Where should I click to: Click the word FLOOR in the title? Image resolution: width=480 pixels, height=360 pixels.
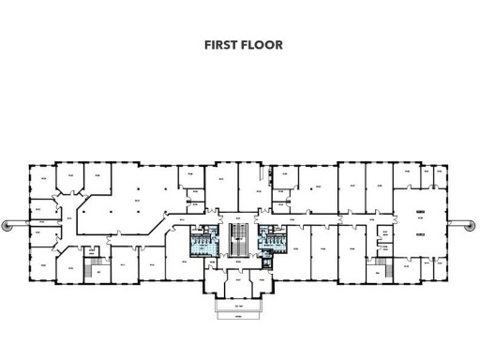tap(262, 44)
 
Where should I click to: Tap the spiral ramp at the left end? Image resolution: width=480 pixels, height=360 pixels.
tap(8, 224)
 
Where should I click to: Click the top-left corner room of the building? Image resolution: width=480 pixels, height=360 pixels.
tap(41, 179)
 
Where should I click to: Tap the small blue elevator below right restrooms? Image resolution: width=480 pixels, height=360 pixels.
tap(269, 260)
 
